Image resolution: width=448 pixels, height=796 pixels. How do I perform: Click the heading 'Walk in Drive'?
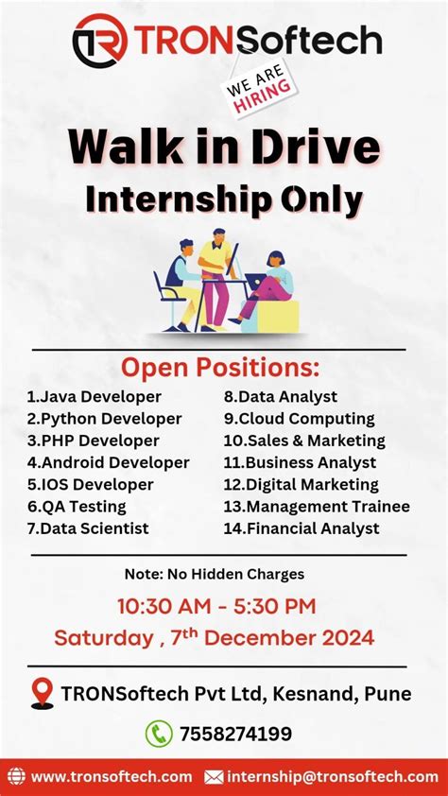pos(224,148)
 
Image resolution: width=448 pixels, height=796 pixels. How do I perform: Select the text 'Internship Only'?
pos(224,199)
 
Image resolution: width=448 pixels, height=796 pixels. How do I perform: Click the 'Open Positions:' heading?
pos(219,367)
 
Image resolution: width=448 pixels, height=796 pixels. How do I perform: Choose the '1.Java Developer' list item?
pos(94,397)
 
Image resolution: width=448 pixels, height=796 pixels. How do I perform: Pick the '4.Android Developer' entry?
pos(108,463)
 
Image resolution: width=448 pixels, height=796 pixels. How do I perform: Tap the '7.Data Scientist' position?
pos(87,528)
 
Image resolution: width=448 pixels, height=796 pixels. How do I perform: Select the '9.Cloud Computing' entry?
pos(299,419)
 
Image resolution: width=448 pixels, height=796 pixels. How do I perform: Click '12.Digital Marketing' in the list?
pos(301,485)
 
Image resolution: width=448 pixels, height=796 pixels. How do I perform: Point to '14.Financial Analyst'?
pos(301,528)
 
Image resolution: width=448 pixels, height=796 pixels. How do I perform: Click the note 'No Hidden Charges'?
pos(215,574)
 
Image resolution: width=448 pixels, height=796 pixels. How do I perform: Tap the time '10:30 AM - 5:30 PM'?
pos(216,606)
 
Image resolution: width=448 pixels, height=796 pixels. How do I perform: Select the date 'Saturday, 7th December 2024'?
pos(215,637)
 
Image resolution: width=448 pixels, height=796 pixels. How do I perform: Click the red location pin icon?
pos(42,694)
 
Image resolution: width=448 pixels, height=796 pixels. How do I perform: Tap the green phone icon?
pos(158,734)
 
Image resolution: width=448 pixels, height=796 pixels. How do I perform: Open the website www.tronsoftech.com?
pos(111,777)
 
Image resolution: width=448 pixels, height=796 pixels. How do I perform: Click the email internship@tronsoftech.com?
pos(333,777)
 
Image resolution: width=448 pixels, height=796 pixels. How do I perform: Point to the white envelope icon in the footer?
pos(215,777)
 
